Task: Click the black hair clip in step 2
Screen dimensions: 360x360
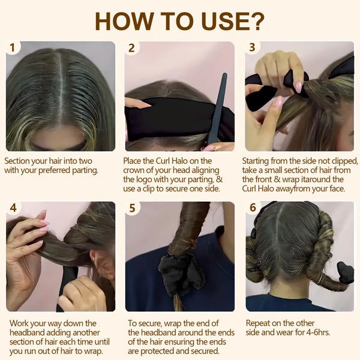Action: (215, 108)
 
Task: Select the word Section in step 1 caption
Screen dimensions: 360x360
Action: (19, 161)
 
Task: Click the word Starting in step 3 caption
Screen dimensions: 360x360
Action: (259, 161)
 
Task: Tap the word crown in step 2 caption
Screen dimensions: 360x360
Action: (137, 170)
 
